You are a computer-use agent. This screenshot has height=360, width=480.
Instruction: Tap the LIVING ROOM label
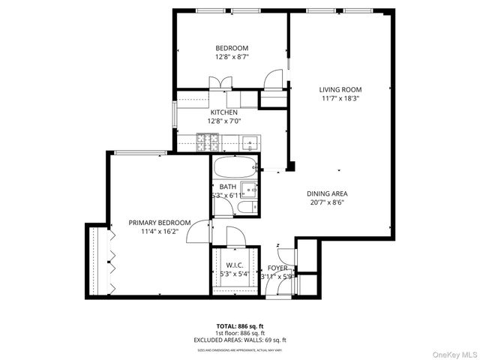(x=340, y=88)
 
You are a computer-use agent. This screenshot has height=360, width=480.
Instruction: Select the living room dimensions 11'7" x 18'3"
(x=340, y=98)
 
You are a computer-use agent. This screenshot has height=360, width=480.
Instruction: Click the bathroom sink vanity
(x=250, y=190)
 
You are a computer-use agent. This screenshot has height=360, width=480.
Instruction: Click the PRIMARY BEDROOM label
(x=159, y=222)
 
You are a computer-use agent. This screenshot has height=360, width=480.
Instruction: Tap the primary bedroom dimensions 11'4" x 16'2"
(x=159, y=232)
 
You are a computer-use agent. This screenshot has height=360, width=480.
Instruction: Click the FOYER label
(x=277, y=268)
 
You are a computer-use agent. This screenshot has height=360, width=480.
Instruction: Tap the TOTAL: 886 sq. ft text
(x=240, y=326)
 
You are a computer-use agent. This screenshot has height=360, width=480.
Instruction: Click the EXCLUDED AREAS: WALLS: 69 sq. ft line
(x=240, y=340)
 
